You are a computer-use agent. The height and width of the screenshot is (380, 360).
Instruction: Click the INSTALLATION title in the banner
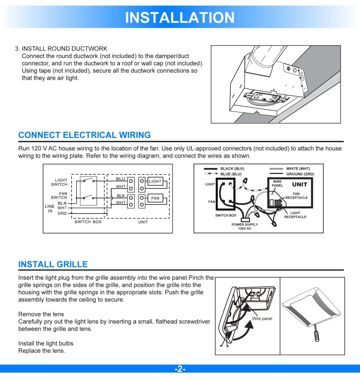pos(180,17)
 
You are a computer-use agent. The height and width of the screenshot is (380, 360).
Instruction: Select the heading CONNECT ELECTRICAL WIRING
pos(85,135)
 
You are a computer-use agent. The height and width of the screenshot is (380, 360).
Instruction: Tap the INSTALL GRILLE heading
pos(53,264)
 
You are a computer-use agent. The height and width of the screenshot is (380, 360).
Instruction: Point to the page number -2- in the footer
pos(180,369)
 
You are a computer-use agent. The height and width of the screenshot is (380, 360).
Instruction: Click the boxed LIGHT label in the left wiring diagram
pos(155,181)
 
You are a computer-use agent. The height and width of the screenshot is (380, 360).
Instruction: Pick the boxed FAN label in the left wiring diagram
pos(155,198)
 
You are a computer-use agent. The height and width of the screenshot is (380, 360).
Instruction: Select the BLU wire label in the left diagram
pos(121,179)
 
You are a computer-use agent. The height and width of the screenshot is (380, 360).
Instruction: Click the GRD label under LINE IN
pos(62,213)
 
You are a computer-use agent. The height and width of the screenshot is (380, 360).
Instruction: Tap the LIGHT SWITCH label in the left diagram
pos(59,182)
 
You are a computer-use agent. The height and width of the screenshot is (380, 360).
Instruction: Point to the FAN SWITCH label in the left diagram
pos(59,195)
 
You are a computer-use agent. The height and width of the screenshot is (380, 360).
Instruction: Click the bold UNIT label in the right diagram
pos(300,184)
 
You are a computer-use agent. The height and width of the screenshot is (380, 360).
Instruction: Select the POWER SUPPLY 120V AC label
pos(244,226)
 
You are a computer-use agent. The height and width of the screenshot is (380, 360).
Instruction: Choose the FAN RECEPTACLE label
pos(296,196)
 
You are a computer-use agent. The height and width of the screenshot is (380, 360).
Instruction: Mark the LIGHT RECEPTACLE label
pos(295,215)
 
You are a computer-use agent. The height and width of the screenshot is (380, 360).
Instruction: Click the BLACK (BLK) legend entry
pos(232,169)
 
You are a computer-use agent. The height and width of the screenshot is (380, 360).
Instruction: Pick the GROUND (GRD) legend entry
pos(300,174)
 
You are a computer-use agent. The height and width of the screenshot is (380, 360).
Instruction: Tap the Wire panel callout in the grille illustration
pos(262,319)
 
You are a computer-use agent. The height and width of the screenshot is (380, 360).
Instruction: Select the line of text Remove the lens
pos(41,314)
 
